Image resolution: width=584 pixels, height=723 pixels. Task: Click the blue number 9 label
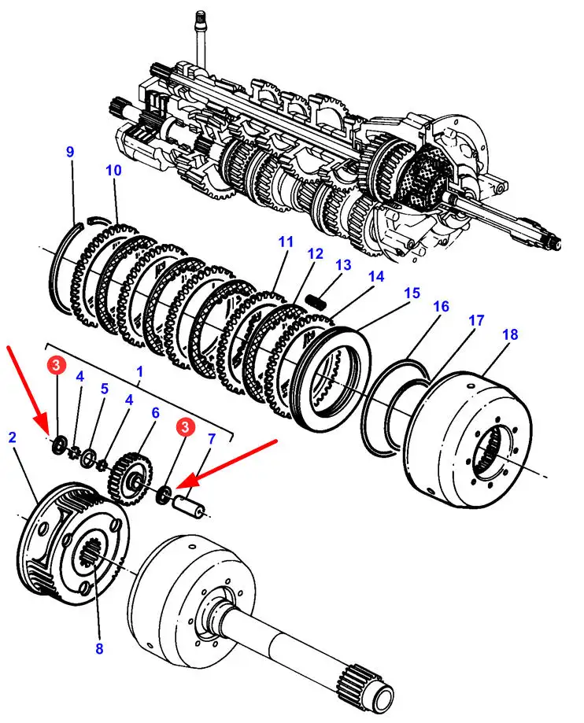[70, 152]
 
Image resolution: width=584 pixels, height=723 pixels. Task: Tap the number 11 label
[284, 241]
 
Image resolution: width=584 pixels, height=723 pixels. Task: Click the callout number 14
[375, 276]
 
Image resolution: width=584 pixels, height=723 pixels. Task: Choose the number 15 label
[412, 293]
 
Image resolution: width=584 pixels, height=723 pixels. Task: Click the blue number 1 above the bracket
[140, 369]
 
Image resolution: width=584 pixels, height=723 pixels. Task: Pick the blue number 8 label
[99, 648]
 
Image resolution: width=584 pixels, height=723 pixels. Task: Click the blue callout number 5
[104, 389]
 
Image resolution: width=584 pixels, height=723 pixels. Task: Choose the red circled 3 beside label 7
[184, 427]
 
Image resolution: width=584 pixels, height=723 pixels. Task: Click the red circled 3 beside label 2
[57, 364]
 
